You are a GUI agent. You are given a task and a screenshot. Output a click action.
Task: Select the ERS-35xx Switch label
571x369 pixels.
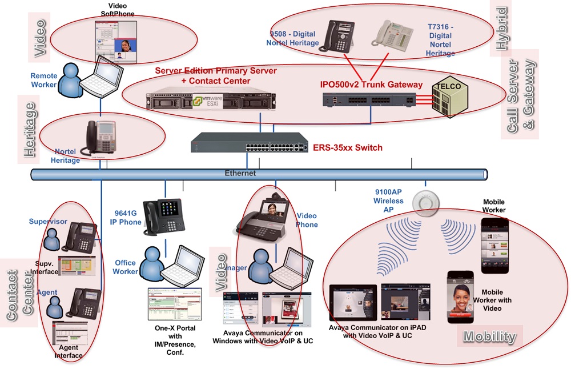pos(347,148)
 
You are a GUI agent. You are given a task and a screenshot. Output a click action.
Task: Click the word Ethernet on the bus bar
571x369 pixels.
pos(240,173)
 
